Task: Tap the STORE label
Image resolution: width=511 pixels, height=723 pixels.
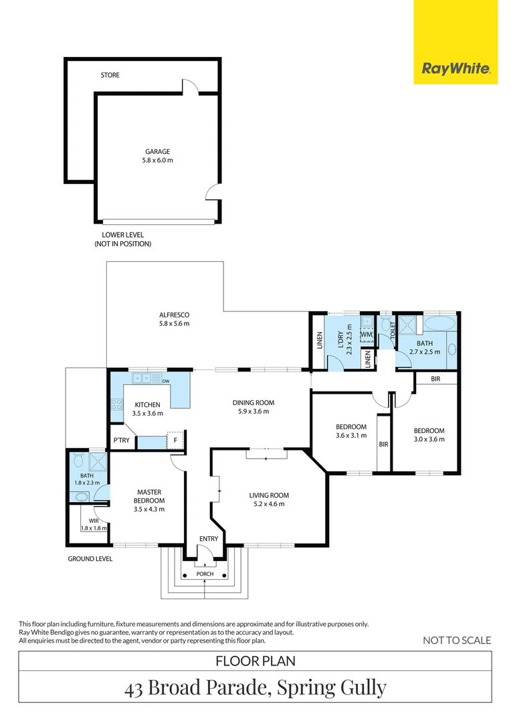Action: (110, 75)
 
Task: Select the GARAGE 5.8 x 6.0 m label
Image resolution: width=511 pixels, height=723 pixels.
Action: (158, 156)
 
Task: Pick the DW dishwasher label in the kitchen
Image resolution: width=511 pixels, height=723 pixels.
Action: (166, 382)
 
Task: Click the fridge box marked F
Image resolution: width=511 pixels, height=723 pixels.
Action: (175, 440)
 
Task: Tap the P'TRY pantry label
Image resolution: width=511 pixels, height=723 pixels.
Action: (122, 440)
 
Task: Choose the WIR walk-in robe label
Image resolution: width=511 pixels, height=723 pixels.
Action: (94, 521)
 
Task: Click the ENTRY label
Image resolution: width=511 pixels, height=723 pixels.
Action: (209, 538)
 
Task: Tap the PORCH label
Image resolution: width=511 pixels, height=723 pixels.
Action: (205, 574)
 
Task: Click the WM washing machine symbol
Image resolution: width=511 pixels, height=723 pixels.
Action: (367, 334)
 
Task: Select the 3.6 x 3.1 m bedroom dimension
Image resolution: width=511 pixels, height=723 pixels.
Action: (351, 435)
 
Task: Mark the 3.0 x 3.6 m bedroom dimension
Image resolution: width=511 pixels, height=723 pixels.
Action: (429, 439)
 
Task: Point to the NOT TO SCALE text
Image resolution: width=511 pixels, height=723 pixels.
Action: (457, 641)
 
